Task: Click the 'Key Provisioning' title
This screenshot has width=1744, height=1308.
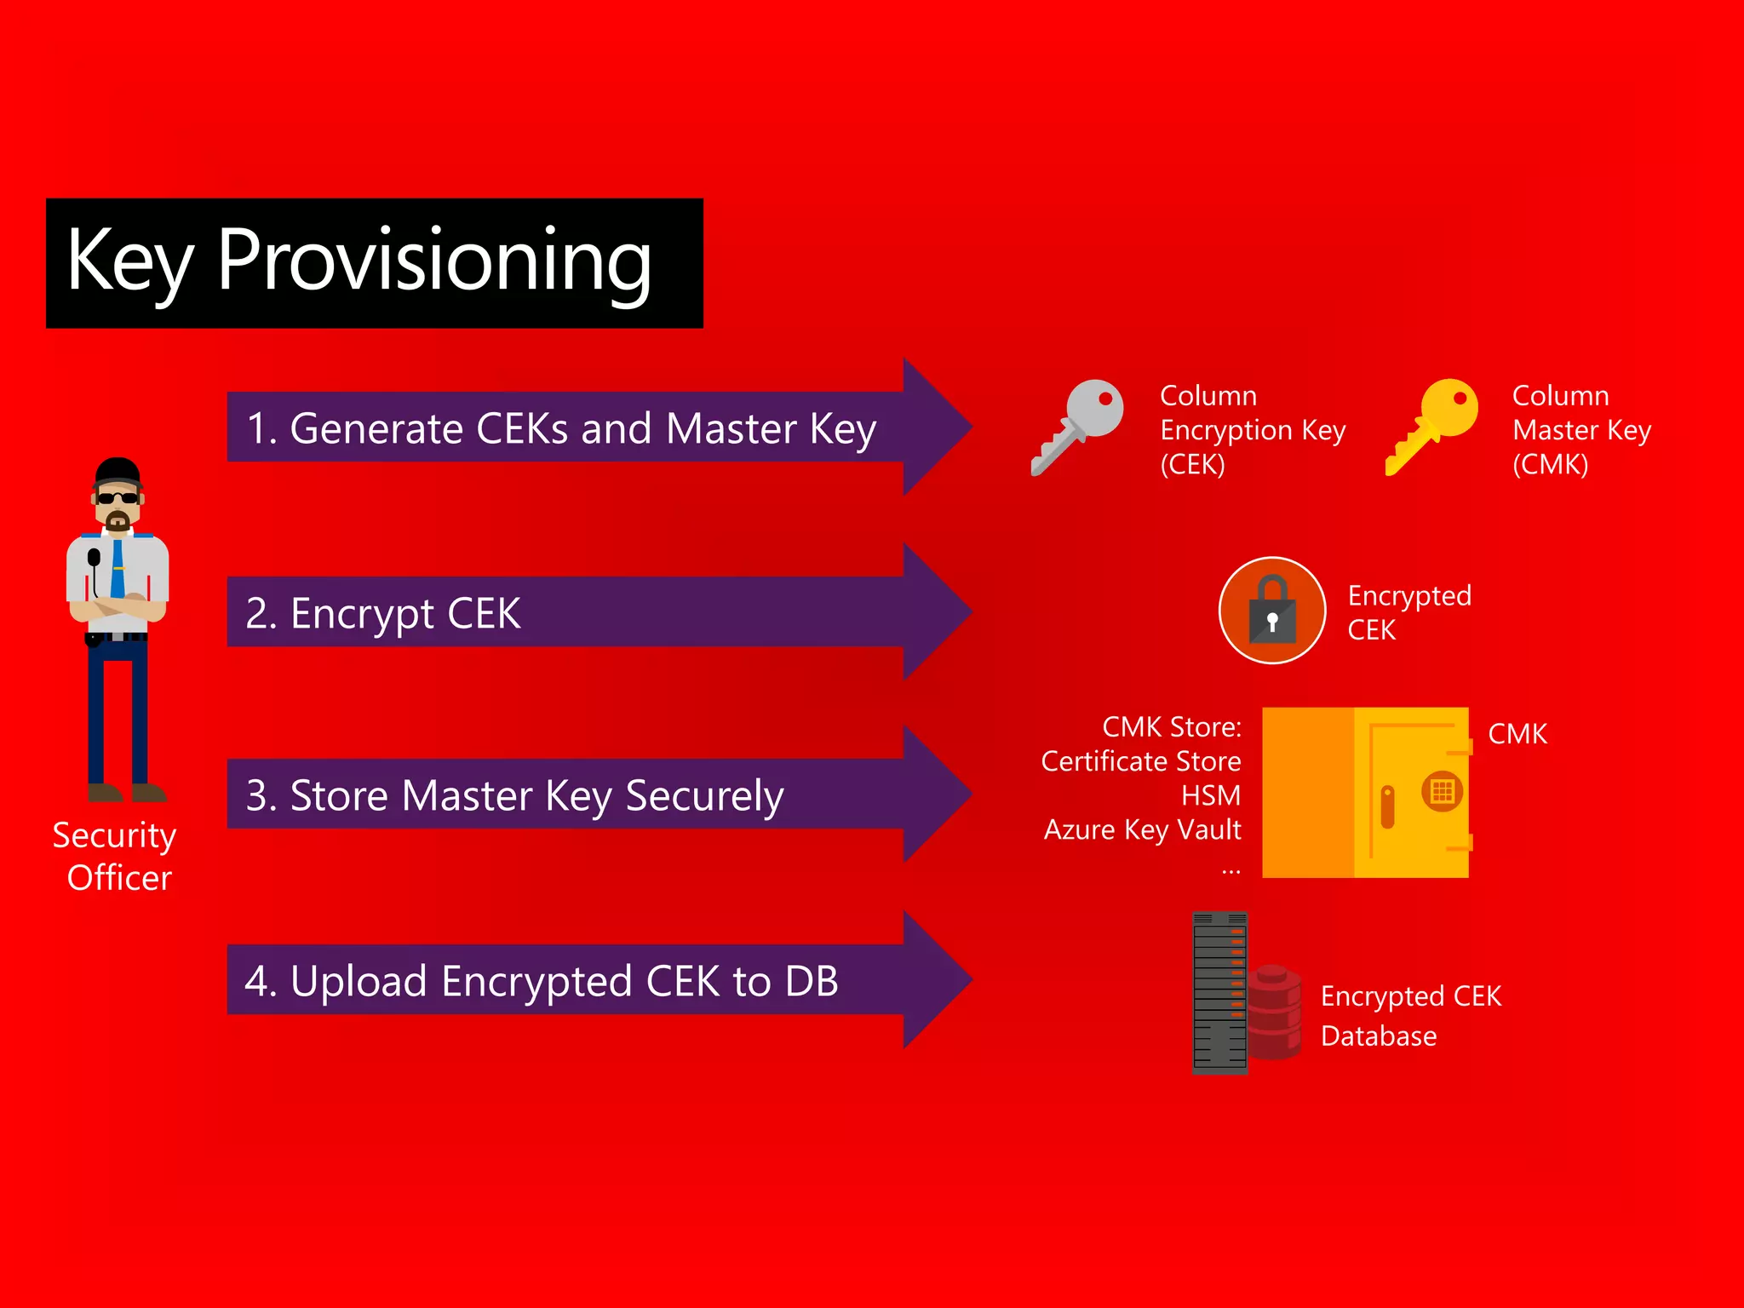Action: (x=359, y=261)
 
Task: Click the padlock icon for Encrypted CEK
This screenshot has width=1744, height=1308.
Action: (x=1272, y=611)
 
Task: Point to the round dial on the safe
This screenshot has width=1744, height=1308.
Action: (x=1442, y=791)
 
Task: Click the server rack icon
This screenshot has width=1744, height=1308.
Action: (x=1219, y=992)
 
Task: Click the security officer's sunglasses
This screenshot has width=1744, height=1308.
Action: (x=118, y=498)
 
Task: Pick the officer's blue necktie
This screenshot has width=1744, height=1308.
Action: (x=118, y=571)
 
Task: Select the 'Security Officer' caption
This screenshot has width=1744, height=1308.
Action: (x=116, y=856)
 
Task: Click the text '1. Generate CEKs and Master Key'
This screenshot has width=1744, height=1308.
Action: (x=561, y=428)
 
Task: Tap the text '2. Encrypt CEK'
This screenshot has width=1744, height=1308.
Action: (x=383, y=613)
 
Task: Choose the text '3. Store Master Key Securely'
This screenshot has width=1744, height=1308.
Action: (x=514, y=795)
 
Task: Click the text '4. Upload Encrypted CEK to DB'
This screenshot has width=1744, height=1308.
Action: (x=542, y=981)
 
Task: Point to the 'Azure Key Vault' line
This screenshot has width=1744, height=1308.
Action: (x=1143, y=829)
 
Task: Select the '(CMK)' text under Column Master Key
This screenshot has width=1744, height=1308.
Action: (x=1550, y=465)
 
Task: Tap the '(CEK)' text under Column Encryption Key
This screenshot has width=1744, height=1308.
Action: (x=1192, y=465)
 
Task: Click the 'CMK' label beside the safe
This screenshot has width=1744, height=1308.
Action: (x=1517, y=734)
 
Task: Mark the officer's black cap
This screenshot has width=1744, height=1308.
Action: (x=118, y=470)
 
